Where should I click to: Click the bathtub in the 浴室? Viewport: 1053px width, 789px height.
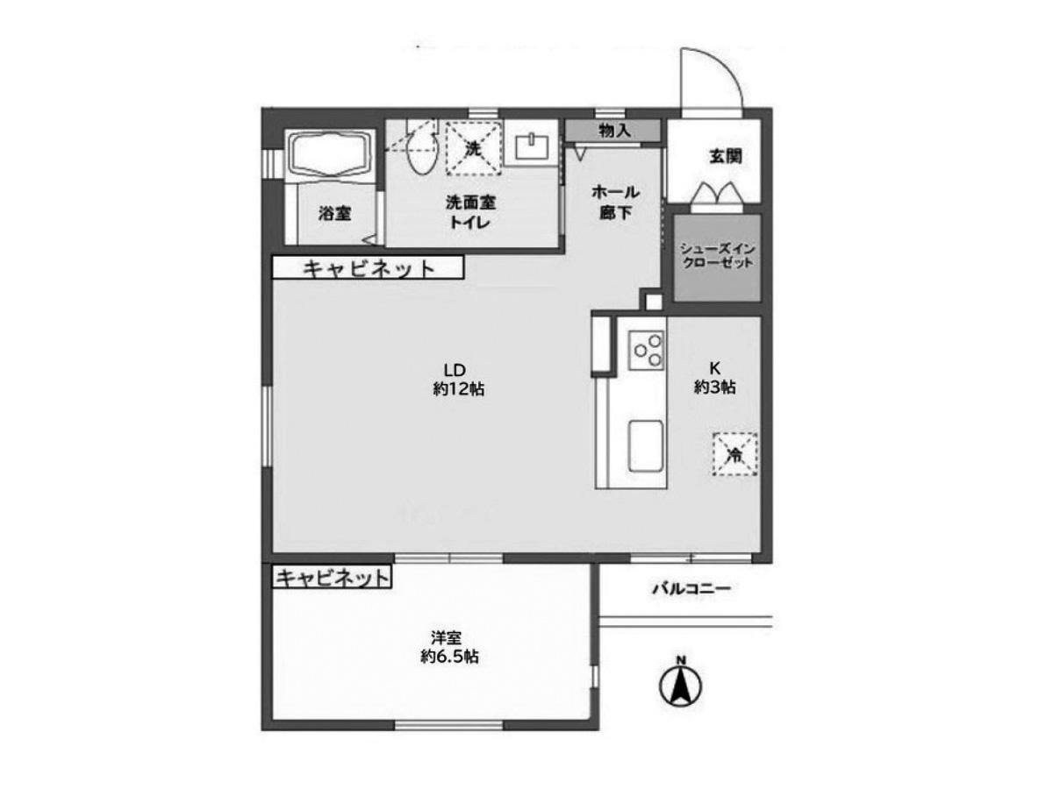pyautogui.click(x=330, y=155)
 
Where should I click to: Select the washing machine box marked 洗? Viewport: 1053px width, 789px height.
pyautogui.click(x=472, y=148)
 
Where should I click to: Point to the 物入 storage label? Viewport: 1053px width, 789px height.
pyautogui.click(x=613, y=131)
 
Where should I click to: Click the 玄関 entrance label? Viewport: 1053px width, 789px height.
pyautogui.click(x=725, y=156)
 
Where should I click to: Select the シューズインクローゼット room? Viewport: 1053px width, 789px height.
pyautogui.click(x=717, y=258)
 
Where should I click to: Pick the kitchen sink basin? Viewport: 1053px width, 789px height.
pyautogui.click(x=646, y=446)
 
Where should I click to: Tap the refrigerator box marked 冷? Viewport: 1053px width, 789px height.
pyautogui.click(x=734, y=453)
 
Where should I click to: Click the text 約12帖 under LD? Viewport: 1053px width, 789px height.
pyautogui.click(x=458, y=389)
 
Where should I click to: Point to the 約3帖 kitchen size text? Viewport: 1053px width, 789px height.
pyautogui.click(x=714, y=387)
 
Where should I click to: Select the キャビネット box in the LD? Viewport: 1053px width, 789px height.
pyautogui.click(x=368, y=267)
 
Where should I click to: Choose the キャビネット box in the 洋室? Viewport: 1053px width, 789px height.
pyautogui.click(x=332, y=577)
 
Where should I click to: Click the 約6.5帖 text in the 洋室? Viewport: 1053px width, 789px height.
pyautogui.click(x=449, y=657)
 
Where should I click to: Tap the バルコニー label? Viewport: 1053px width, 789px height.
pyautogui.click(x=691, y=588)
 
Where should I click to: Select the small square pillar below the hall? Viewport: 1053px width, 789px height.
pyautogui.click(x=654, y=302)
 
